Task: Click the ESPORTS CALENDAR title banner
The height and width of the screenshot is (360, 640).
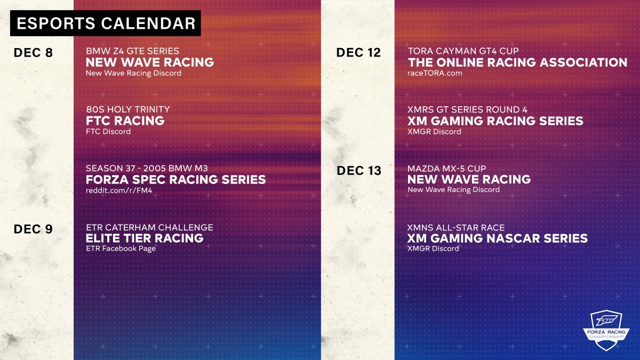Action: pos(106,23)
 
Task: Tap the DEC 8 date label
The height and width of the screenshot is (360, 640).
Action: pos(33,53)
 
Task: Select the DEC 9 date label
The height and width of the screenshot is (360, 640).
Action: pos(33,229)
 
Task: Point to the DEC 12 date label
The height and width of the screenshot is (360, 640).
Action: pos(358,53)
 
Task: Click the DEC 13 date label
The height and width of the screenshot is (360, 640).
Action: pos(359,171)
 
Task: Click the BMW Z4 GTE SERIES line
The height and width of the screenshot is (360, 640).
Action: pos(132,51)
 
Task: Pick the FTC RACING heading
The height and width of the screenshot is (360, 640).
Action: pos(125,121)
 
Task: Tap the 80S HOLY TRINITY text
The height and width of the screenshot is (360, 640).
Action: pos(128,109)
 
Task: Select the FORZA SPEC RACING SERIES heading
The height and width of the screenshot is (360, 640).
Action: pos(175,179)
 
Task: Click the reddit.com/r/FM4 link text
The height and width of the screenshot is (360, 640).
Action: pos(119,190)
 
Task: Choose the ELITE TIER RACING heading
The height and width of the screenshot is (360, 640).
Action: pos(145,238)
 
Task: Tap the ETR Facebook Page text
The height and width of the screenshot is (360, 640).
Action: pos(121,249)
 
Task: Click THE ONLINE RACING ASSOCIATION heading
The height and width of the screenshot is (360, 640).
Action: pos(517,62)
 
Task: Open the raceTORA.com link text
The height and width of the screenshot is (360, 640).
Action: pos(435,73)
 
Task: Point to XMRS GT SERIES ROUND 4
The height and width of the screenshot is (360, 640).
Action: pos(467,109)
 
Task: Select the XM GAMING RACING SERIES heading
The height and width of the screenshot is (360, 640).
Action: pos(495,121)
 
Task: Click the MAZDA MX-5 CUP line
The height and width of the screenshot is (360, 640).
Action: pos(446,169)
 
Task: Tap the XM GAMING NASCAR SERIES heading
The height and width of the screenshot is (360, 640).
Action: pos(498,238)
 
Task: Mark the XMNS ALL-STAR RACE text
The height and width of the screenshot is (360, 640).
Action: pos(456,228)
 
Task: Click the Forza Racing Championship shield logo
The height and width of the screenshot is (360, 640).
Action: pos(606,330)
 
